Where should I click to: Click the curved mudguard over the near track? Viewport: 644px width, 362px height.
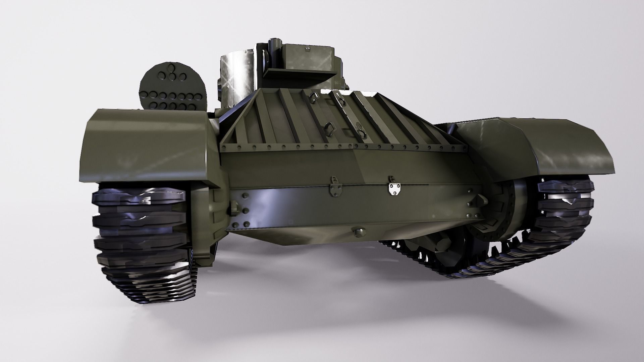click(148, 147)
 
